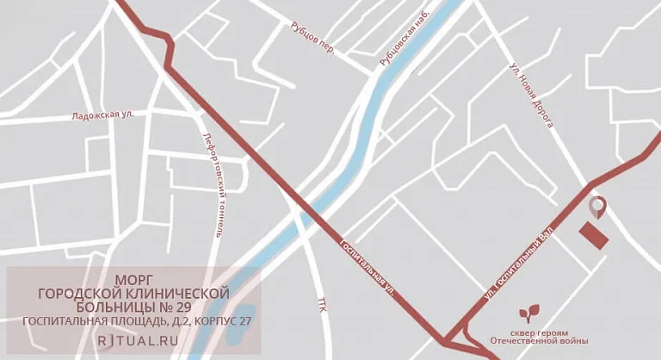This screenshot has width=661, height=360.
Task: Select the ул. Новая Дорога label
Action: [530, 97]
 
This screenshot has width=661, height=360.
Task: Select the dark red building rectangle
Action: [592, 233]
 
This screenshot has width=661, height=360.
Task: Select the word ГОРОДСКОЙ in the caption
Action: [77, 294]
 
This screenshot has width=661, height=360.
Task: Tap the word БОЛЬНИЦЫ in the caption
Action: [130, 307]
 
